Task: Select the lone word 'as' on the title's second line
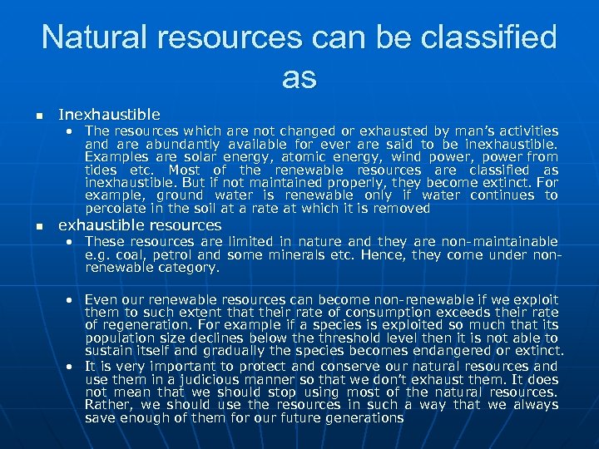299,77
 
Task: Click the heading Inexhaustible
109,114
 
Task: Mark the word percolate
114,208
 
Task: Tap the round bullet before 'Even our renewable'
72,299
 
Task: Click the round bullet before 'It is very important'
72,366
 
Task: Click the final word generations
359,418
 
